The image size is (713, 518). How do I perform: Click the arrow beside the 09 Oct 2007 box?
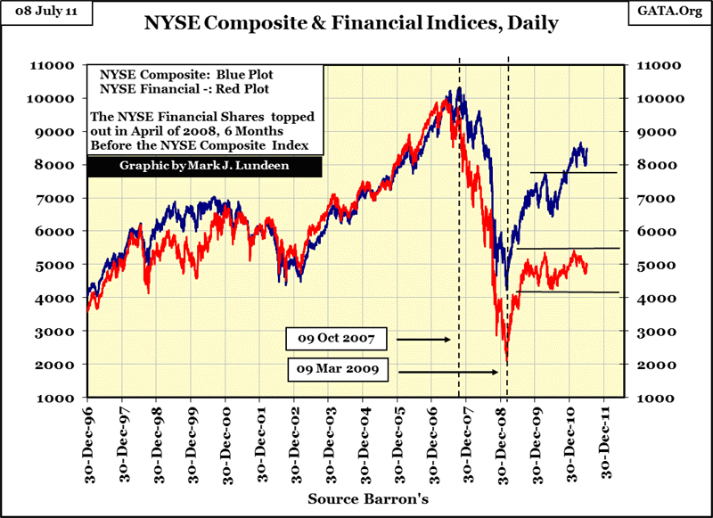point(424,340)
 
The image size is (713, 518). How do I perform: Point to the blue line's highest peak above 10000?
point(459,87)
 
